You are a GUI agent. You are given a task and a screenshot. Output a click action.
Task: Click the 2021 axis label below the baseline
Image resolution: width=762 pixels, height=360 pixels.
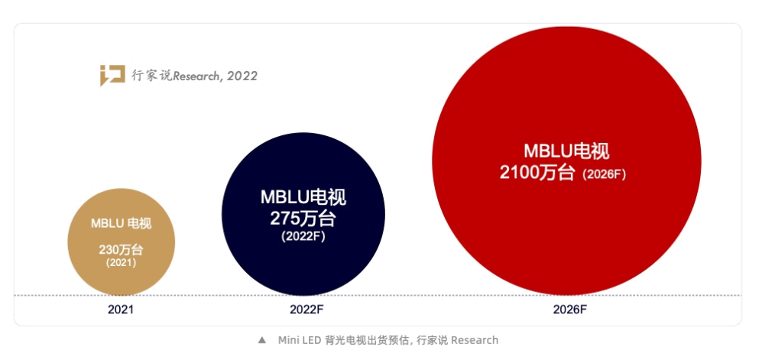(x=121, y=310)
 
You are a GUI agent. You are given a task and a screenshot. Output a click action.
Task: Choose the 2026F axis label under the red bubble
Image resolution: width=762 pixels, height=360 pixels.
(x=569, y=310)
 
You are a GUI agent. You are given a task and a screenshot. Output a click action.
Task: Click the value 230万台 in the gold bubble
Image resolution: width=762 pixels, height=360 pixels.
(x=121, y=249)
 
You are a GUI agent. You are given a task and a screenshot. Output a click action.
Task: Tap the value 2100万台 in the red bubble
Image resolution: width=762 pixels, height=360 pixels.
(x=537, y=173)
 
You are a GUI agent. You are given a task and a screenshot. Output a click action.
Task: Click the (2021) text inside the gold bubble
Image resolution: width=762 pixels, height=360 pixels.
(x=121, y=262)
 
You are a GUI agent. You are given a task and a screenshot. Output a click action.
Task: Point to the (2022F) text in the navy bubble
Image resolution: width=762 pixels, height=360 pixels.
(x=303, y=236)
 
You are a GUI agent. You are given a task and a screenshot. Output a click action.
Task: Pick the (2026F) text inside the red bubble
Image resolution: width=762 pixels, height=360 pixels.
(x=604, y=174)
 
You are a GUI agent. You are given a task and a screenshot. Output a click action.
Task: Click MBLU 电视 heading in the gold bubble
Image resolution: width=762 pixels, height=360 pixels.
(x=121, y=223)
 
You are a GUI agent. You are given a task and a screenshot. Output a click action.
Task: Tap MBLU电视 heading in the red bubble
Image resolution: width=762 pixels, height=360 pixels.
(x=566, y=151)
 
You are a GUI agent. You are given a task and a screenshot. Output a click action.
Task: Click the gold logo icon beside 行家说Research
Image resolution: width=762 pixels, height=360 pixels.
(x=112, y=76)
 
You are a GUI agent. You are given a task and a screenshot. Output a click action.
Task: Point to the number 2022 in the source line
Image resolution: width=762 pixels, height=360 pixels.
(x=242, y=76)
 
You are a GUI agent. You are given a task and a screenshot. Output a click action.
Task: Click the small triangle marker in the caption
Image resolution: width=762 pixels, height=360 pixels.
(x=261, y=340)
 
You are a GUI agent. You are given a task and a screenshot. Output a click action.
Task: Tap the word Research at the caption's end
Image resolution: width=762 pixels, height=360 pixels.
(x=475, y=340)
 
